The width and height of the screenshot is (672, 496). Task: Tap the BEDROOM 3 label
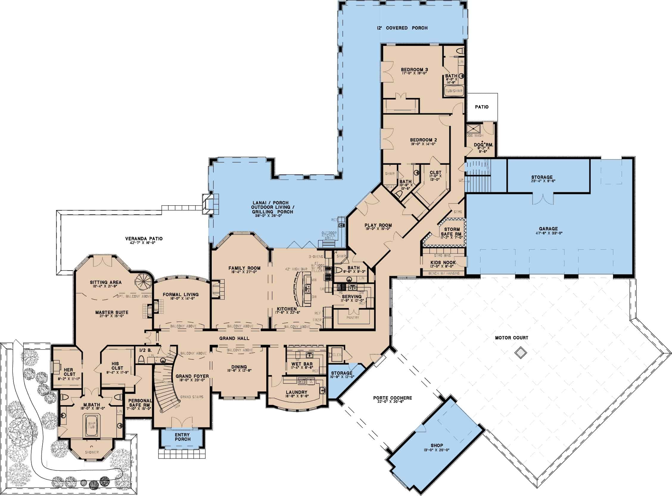414,70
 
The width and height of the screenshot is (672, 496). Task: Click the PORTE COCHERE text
392,398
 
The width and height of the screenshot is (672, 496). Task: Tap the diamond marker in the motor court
519,352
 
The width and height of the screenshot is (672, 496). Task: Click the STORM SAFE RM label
452,231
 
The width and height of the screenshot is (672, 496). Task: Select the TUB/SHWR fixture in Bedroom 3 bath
454,90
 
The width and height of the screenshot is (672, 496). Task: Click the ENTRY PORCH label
183,437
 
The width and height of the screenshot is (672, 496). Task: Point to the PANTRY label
353,317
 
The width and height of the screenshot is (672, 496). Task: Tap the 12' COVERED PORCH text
402,28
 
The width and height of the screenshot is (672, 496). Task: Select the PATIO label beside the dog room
482,107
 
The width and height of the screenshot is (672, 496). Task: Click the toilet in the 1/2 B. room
142,359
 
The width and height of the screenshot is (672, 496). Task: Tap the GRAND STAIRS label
192,397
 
